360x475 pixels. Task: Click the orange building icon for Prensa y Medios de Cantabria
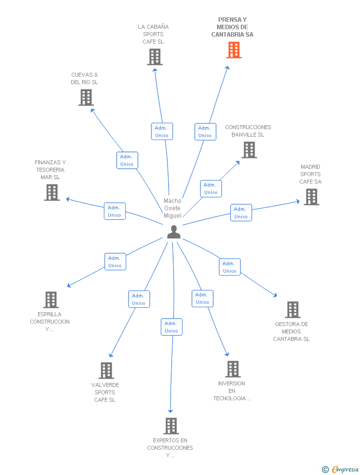point(234,50)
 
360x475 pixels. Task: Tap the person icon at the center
point(174,232)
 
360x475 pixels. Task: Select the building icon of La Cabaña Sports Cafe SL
point(155,57)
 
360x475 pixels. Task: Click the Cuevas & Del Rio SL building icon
point(86,97)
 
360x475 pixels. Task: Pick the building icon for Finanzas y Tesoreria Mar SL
point(52,192)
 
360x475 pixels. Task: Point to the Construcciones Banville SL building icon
point(249,150)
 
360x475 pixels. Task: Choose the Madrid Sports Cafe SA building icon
point(312,197)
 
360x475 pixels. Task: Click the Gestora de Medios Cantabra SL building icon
point(293,310)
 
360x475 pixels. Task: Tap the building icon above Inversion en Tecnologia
point(233,369)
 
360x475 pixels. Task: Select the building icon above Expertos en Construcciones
point(171,426)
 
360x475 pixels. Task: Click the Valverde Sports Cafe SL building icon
point(107,371)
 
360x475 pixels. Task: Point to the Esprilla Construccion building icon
point(51,300)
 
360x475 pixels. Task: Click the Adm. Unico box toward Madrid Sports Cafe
point(241,213)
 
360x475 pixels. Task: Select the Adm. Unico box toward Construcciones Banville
point(211,189)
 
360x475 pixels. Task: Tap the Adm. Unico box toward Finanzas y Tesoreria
point(114,211)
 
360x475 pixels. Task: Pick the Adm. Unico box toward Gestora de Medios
point(229,267)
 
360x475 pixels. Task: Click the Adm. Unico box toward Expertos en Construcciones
point(172,327)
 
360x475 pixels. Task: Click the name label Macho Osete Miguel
point(173,208)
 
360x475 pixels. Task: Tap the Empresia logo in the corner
point(340,469)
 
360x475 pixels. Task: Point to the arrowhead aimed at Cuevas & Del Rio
point(92,110)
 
